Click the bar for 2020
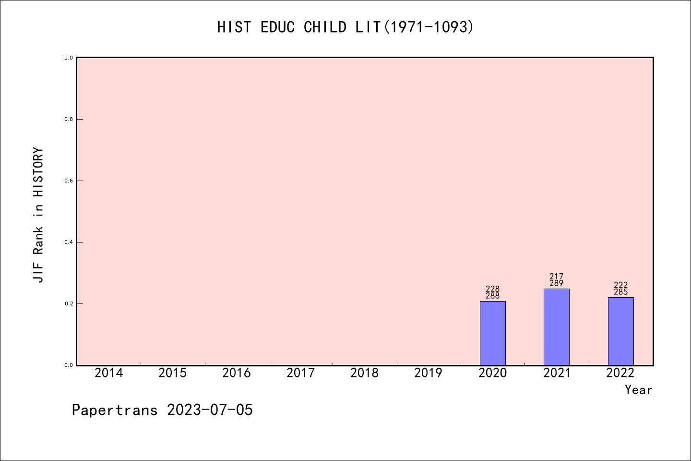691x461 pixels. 493,333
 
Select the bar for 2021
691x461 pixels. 557,327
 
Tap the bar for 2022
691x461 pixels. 620,331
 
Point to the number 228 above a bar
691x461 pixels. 493,289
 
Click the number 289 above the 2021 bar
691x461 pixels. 557,283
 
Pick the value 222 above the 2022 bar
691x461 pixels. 620,285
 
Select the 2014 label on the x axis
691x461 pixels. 108,373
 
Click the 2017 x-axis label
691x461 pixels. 300,373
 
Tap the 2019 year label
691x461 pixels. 428,373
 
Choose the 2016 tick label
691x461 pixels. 236,373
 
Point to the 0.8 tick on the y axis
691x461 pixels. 69,119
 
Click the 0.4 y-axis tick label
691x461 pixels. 69,242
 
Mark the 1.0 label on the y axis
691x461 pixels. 69,58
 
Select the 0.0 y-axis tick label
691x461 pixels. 69,365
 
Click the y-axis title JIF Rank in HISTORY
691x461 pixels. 38,215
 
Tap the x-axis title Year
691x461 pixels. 638,390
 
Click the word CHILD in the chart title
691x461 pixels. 325,27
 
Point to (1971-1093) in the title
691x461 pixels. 428,27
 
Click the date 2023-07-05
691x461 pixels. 210,410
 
